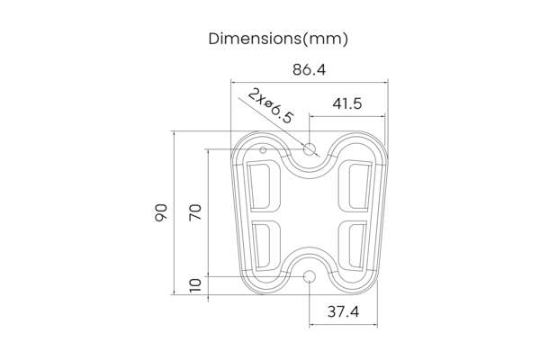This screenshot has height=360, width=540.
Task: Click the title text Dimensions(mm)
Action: tap(278, 39)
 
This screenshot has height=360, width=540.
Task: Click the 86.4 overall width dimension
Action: tap(309, 69)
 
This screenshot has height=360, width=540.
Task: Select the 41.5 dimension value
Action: tap(346, 103)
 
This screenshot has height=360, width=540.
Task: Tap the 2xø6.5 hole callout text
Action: tap(271, 106)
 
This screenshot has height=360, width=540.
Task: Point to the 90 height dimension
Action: tap(161, 212)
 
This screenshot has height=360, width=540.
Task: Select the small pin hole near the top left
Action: tap(263, 149)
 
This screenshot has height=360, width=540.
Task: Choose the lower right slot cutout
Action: tap(355, 244)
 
